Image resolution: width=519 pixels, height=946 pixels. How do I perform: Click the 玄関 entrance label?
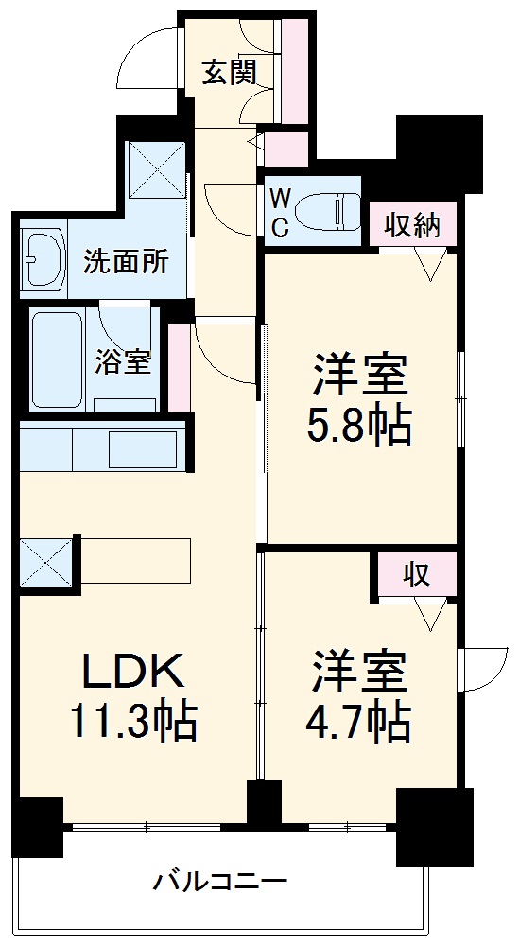[x=226, y=73]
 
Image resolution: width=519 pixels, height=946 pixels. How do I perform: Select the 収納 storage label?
[x=412, y=225]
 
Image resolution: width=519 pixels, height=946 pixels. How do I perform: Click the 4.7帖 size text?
[x=357, y=724]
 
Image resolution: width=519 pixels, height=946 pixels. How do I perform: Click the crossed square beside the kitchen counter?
[x=46, y=562]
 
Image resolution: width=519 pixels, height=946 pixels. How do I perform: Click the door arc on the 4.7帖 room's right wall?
[x=484, y=668]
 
